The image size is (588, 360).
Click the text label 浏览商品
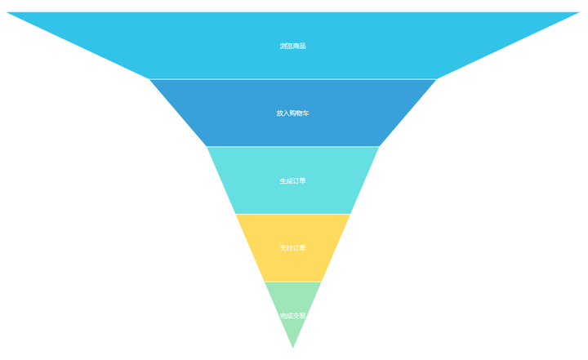(x=292, y=46)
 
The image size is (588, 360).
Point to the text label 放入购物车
(x=292, y=113)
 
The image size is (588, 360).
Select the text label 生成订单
(x=292, y=180)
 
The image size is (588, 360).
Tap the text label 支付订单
(x=292, y=247)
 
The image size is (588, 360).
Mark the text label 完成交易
(x=292, y=315)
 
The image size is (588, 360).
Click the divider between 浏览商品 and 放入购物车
(x=292, y=79)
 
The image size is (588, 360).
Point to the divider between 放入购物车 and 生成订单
(x=292, y=147)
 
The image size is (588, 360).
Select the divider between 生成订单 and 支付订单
(x=292, y=214)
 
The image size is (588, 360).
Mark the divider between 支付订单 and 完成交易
(x=292, y=282)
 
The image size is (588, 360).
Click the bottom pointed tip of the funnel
(x=292, y=347)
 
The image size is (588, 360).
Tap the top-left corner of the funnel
(x=7, y=13)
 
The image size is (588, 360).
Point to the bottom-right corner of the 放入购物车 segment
(x=378, y=146)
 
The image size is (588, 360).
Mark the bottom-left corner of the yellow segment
(x=265, y=281)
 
